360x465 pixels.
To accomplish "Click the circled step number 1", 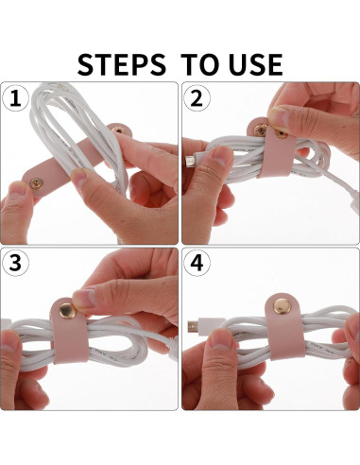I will [15, 97].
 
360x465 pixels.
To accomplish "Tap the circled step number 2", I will [197, 97].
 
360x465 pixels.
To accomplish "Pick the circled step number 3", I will [15, 264].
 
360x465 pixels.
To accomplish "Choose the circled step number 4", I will [197, 264].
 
